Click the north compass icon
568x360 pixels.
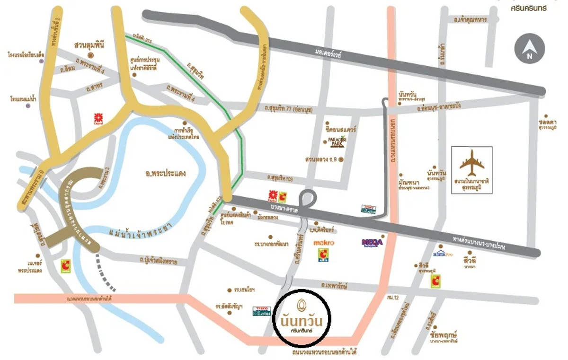[530, 49]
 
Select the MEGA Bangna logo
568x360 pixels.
[372, 243]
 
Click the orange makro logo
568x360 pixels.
[324, 243]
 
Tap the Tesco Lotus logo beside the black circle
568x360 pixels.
[261, 310]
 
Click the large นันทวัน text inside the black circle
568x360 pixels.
[302, 320]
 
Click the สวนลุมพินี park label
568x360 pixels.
[89, 45]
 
